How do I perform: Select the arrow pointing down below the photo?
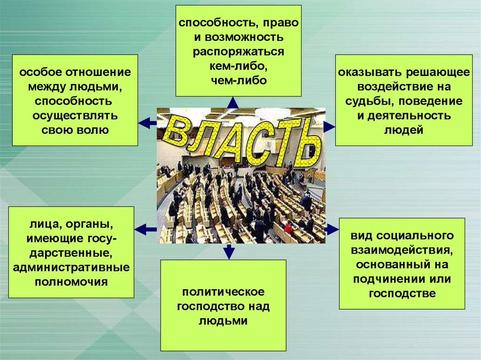[229, 252]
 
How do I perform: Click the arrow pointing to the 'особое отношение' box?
[147, 123]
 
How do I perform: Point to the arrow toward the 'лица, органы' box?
[146, 229]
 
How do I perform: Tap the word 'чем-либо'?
[238, 80]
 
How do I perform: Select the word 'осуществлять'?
[75, 115]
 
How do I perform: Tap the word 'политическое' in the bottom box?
[223, 292]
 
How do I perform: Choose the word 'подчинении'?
[390, 279]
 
